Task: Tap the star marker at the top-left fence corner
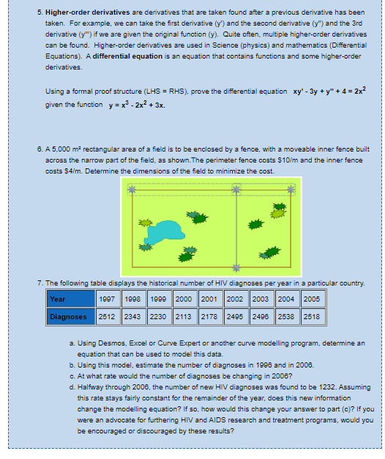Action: coord(131,190)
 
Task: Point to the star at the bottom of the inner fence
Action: coord(236,267)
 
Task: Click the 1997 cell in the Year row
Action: coord(106,299)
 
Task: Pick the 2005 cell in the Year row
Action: coord(312,299)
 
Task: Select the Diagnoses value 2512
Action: coord(106,316)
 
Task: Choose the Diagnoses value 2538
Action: coord(286,316)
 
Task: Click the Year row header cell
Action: coord(58,299)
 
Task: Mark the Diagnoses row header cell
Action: coord(68,316)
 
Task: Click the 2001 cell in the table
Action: coord(209,299)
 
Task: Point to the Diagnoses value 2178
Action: coord(209,316)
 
